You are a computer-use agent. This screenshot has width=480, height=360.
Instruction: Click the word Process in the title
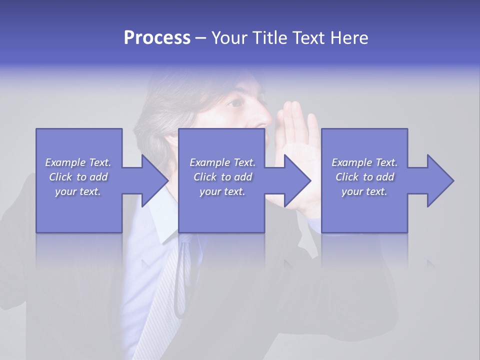(x=157, y=38)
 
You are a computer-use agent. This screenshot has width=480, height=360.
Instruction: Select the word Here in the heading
(x=348, y=38)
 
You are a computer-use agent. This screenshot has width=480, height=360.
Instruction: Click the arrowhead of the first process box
(x=152, y=180)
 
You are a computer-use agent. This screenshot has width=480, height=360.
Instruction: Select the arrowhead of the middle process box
(x=295, y=180)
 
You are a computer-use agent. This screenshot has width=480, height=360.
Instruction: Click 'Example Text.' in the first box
(x=78, y=162)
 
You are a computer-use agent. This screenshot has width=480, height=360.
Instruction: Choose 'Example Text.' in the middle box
(x=222, y=162)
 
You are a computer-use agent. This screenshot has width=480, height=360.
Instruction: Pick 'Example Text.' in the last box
(x=364, y=162)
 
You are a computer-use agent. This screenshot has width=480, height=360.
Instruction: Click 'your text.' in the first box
(x=78, y=191)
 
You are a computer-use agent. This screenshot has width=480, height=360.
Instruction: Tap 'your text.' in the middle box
(x=222, y=191)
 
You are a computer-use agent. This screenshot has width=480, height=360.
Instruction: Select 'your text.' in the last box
(x=364, y=191)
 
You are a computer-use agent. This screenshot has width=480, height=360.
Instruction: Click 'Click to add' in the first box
(x=78, y=177)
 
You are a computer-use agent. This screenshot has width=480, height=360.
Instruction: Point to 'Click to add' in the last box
(x=364, y=177)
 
